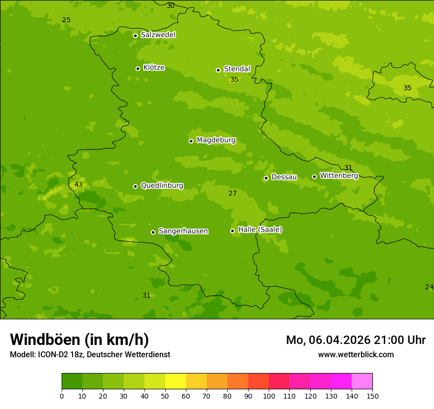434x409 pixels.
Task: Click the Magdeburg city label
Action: point(216,140)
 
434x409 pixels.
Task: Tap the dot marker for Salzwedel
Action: point(135,35)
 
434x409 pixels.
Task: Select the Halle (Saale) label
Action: point(260,230)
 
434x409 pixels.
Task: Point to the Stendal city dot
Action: point(218,70)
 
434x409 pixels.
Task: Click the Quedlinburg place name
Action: point(162,186)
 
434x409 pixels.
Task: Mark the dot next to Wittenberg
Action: point(314,176)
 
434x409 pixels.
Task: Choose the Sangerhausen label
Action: point(183,231)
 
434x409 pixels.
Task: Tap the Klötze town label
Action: point(154,68)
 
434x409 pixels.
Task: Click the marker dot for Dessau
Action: point(266,178)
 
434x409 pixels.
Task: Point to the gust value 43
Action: point(78,185)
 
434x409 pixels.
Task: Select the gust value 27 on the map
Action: point(233,194)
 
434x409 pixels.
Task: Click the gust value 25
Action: point(66,20)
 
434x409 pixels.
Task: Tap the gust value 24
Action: point(429,287)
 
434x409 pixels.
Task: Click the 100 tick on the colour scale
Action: point(269,396)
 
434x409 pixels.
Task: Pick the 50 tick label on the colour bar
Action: point(165,396)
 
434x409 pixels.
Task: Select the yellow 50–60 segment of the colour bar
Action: point(176,381)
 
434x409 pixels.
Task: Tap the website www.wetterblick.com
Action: point(356,355)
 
